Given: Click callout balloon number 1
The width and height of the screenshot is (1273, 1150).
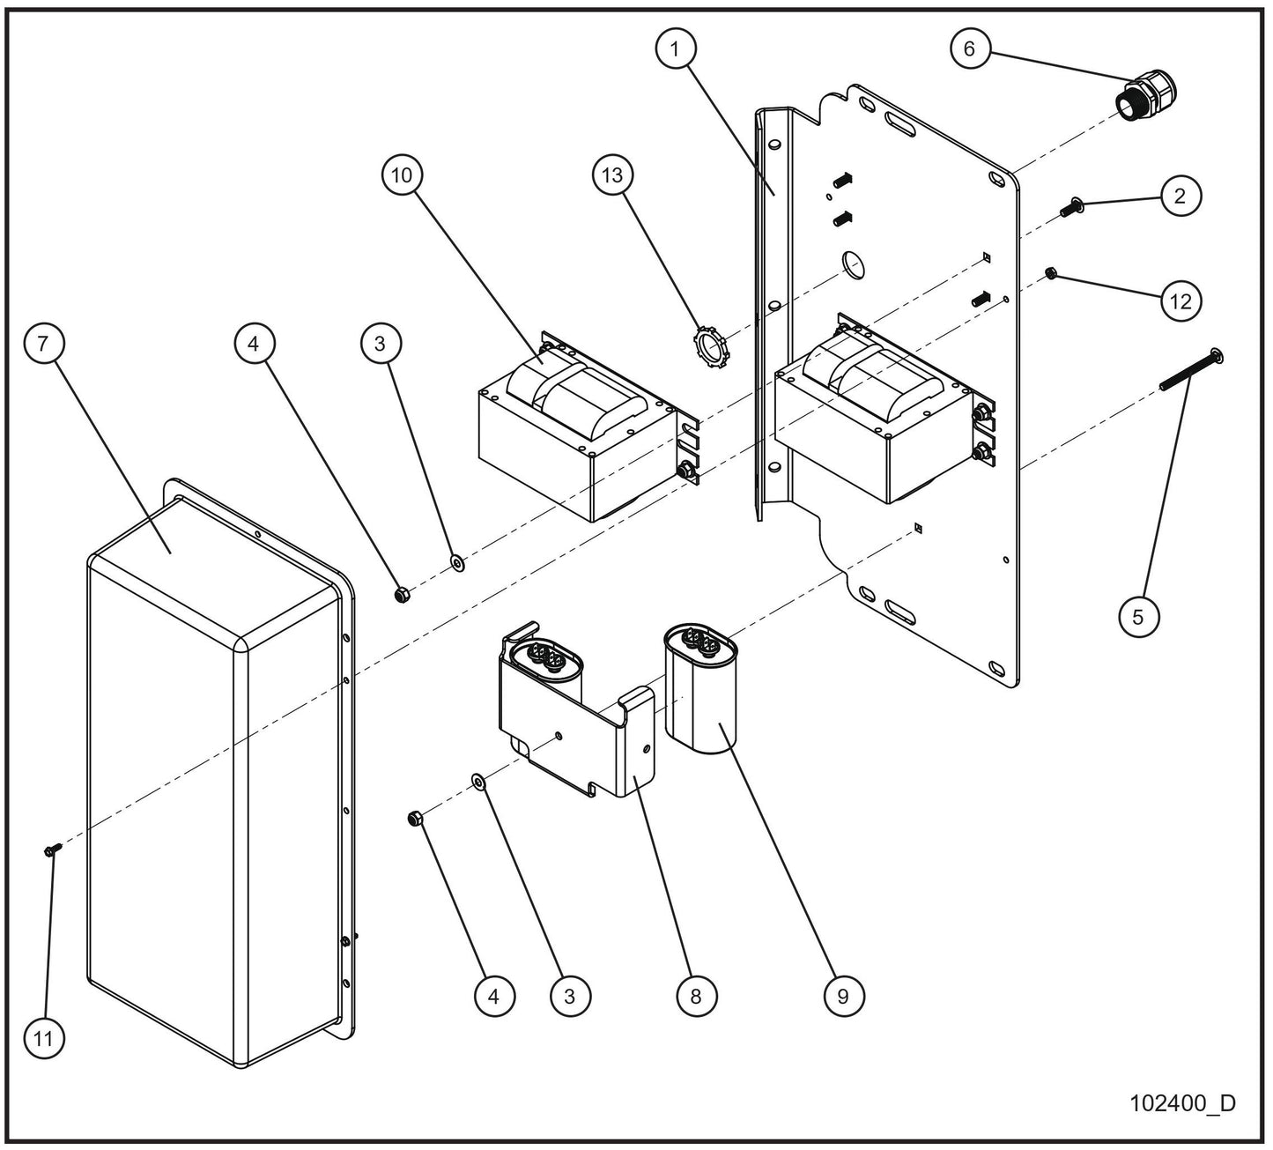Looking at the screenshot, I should (x=676, y=50).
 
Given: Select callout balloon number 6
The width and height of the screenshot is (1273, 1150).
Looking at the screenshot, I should (x=970, y=48).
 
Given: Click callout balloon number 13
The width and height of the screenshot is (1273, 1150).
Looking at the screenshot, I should (x=612, y=175).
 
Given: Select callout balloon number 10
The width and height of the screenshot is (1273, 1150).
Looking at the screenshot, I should (x=402, y=175).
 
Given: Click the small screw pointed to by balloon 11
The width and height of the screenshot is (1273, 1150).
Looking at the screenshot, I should (x=49, y=850).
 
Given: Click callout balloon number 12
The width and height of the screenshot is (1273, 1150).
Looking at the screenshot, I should (x=1180, y=301).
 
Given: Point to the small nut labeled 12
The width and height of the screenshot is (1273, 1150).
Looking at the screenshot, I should (x=1050, y=273).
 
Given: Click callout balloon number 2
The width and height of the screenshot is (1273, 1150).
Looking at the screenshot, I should (x=1180, y=197).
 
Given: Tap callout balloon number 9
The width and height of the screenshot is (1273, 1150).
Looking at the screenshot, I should (x=843, y=996).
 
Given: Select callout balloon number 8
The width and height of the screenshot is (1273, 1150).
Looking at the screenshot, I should (x=696, y=996).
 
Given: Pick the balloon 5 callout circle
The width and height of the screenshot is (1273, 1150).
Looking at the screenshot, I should (x=1138, y=617).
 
